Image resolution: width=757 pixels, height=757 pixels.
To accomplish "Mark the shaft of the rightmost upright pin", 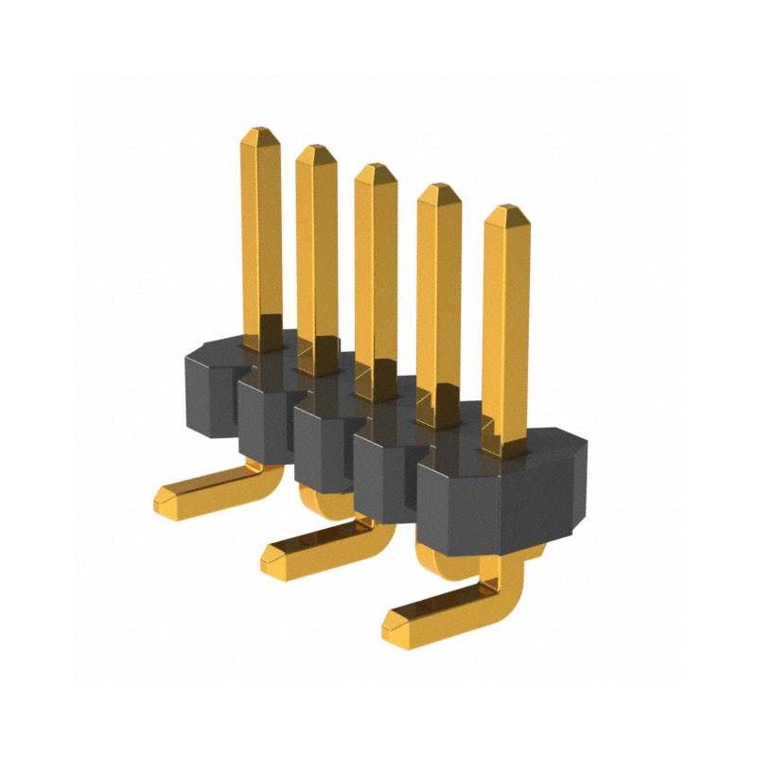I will [505, 322].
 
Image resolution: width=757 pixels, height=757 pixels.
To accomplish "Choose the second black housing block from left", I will [265, 421].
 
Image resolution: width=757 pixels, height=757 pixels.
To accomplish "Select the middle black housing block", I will [322, 445].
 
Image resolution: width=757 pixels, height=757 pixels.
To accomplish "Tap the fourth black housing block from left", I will [383, 473].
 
